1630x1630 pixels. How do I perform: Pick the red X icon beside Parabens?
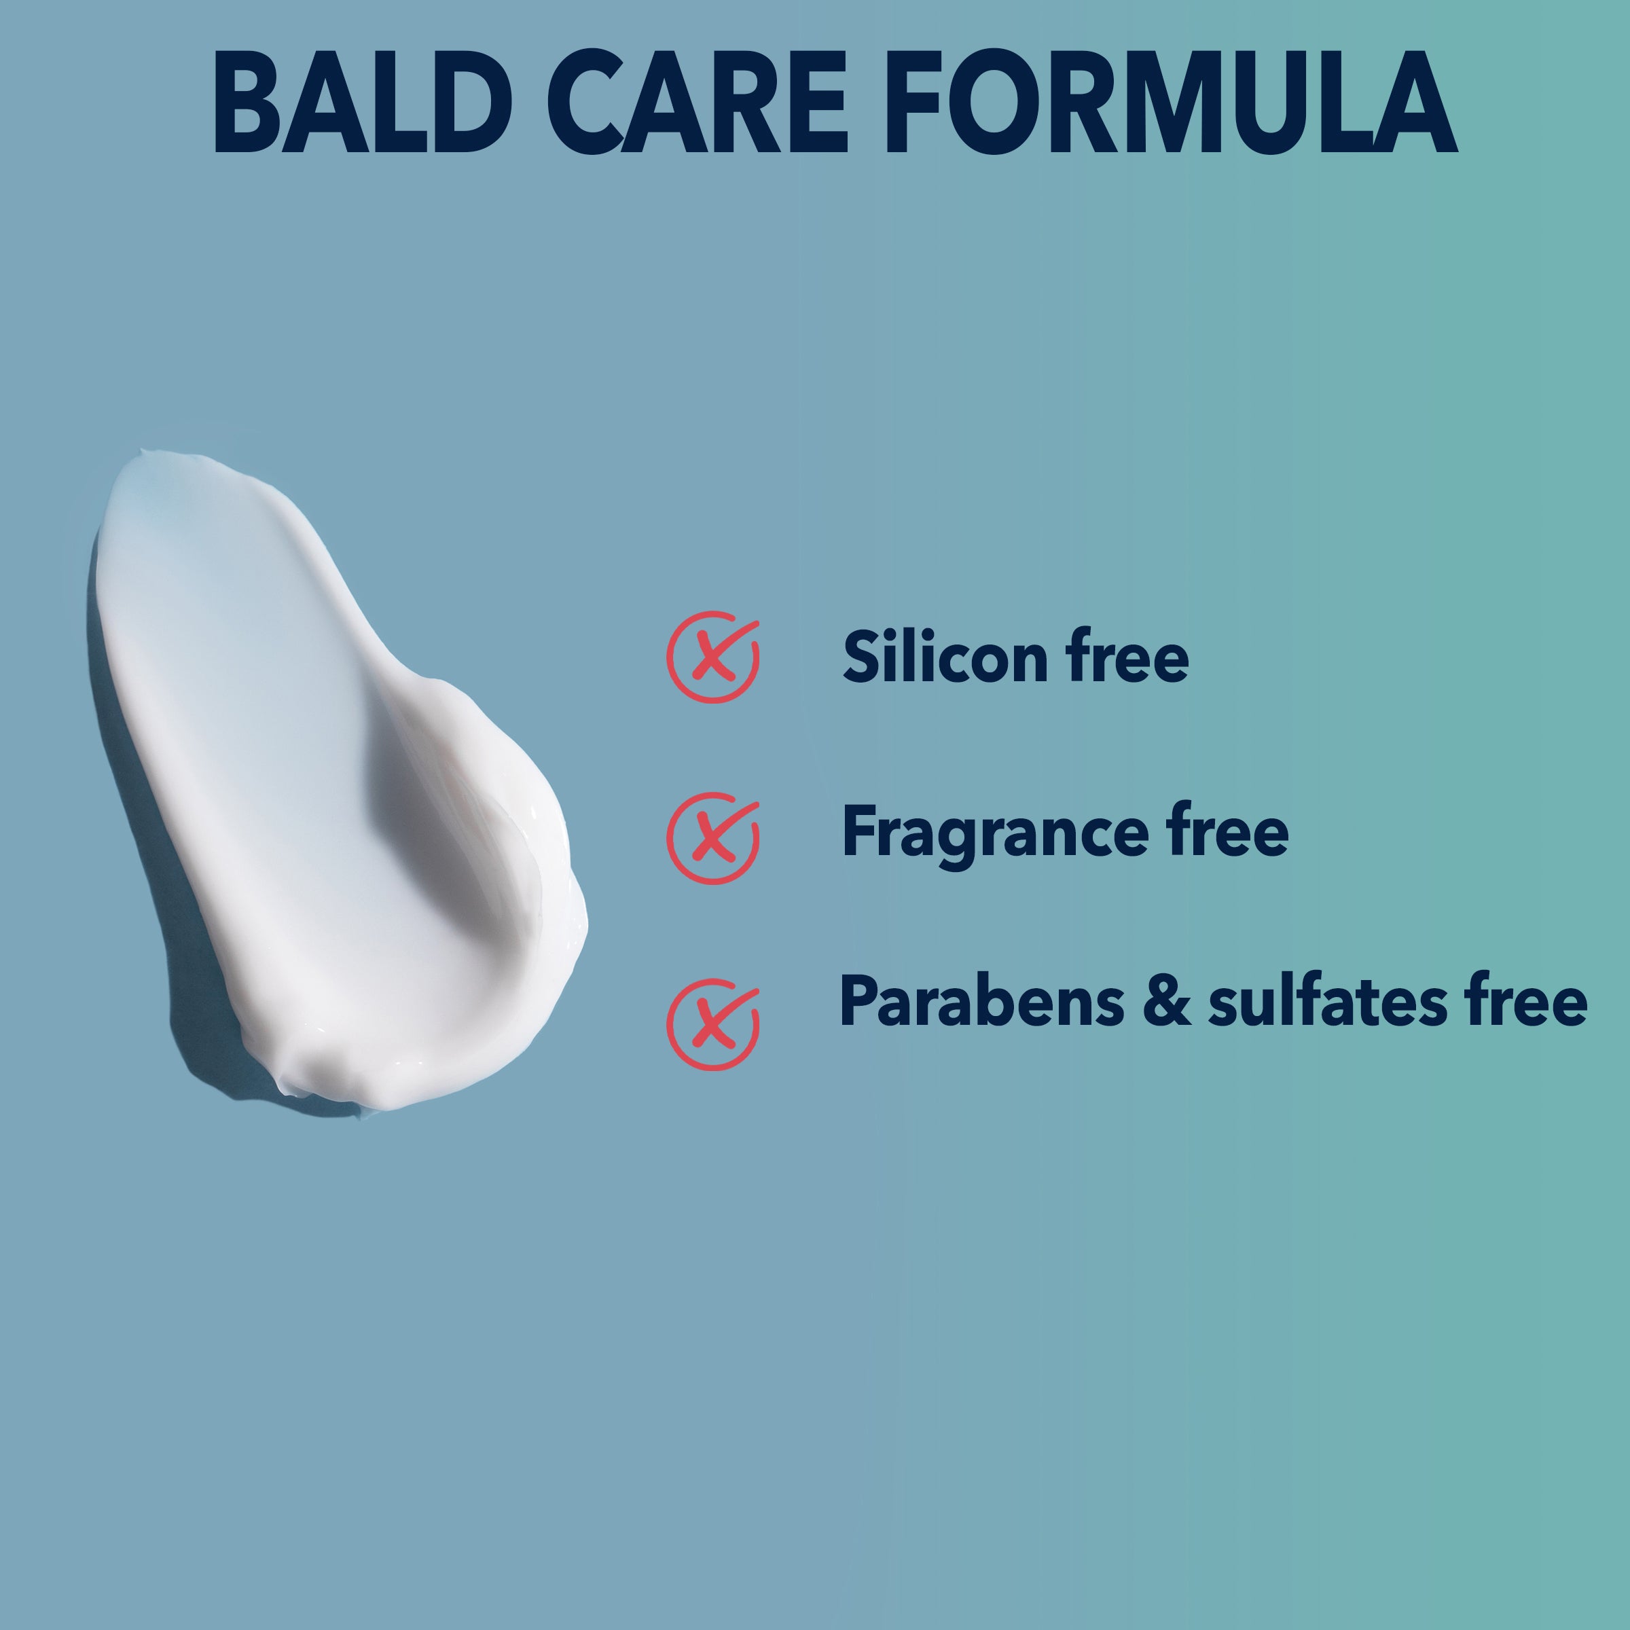pos(713,1024)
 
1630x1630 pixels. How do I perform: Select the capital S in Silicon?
pos(863,656)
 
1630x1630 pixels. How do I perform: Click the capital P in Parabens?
pos(860,1000)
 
